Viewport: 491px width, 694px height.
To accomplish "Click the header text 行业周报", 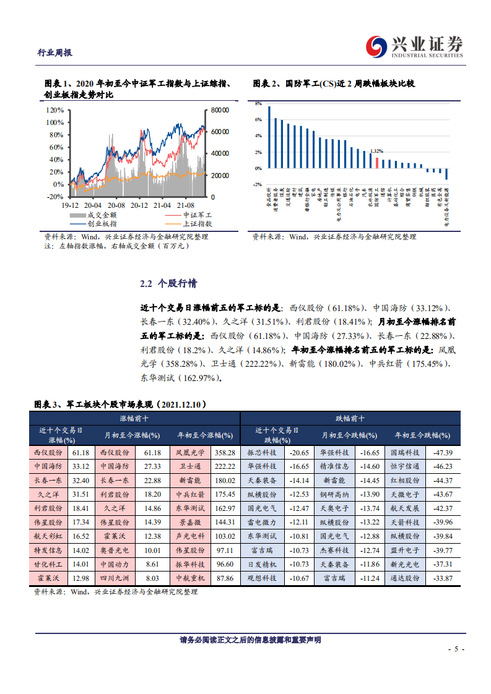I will (x=51, y=53).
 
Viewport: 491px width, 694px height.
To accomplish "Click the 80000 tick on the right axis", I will (x=220, y=109).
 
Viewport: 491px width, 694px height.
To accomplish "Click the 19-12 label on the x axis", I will (x=69, y=203).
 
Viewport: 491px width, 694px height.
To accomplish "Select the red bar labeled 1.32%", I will (x=376, y=162).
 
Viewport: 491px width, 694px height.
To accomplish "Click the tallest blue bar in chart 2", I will (x=269, y=137).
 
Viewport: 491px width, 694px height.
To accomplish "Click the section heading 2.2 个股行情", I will (x=168, y=284).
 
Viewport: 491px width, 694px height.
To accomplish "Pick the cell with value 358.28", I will (x=224, y=453).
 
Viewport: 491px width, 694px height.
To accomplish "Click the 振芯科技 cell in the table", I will (x=262, y=453).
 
